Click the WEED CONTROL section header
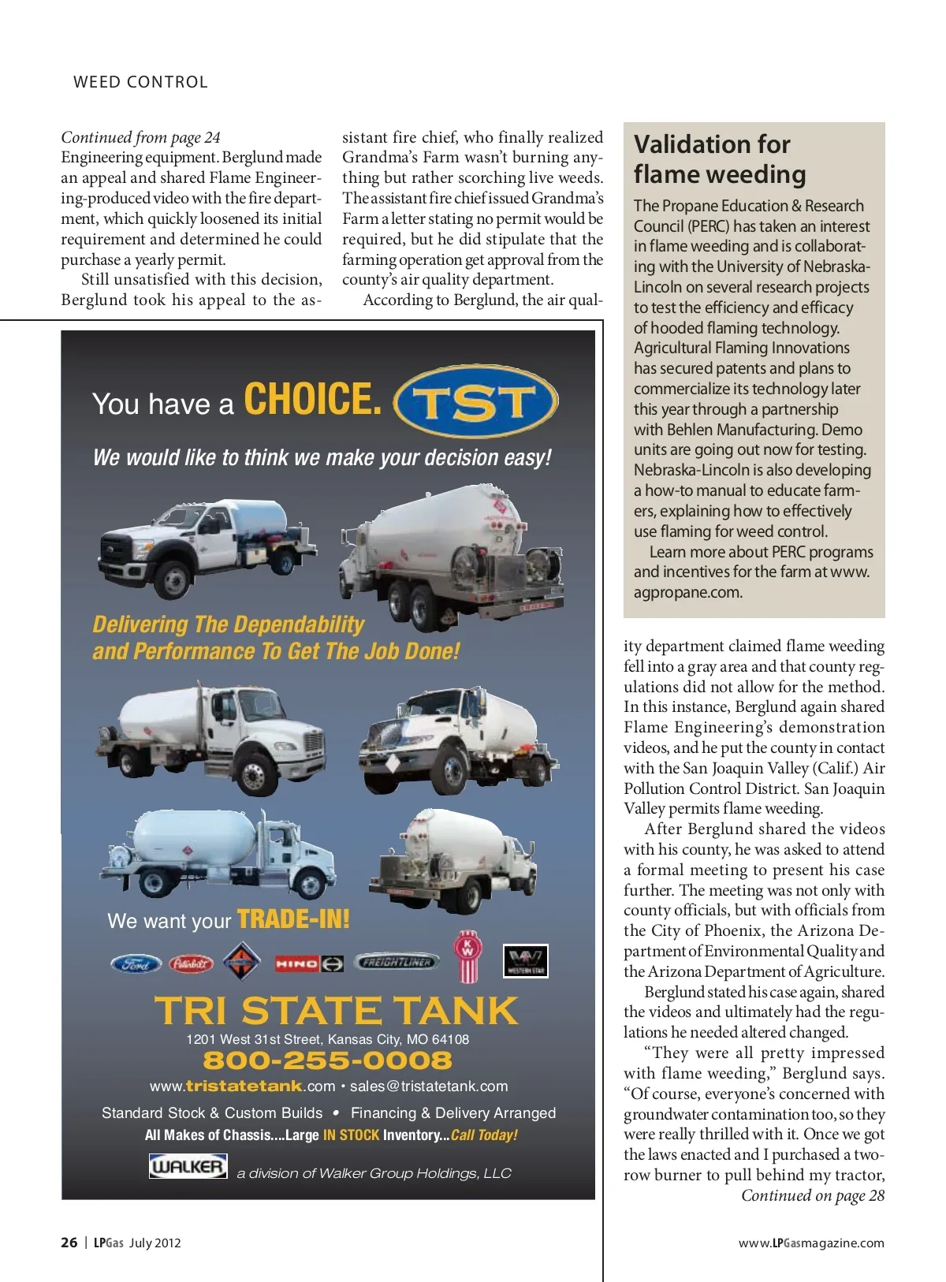[140, 82]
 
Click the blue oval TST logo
[475, 401]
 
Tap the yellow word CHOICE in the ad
[312, 399]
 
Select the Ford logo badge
[136, 963]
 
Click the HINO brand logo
[308, 963]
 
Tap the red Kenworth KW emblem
[467, 956]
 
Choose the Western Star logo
[525, 961]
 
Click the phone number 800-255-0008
[327, 1060]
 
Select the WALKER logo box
[188, 1166]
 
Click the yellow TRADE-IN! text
[293, 919]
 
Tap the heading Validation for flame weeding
[720, 159]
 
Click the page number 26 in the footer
[69, 1243]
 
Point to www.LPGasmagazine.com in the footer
[810, 1243]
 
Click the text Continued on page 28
[812, 1195]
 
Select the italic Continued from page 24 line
[140, 137]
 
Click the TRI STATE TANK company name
[336, 1011]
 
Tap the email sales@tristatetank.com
[429, 1086]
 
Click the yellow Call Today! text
[484, 1135]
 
